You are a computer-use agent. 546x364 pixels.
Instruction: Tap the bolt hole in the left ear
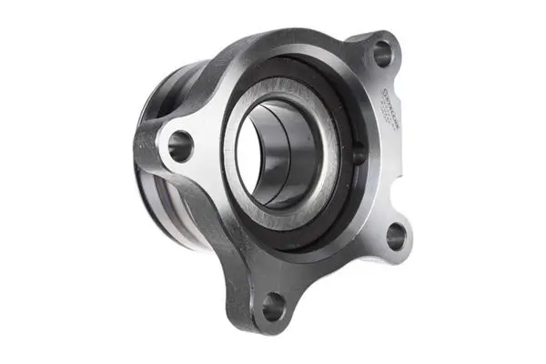pyautogui.click(x=180, y=145)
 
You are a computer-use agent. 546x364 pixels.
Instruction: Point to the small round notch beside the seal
pyautogui.click(x=358, y=156)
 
